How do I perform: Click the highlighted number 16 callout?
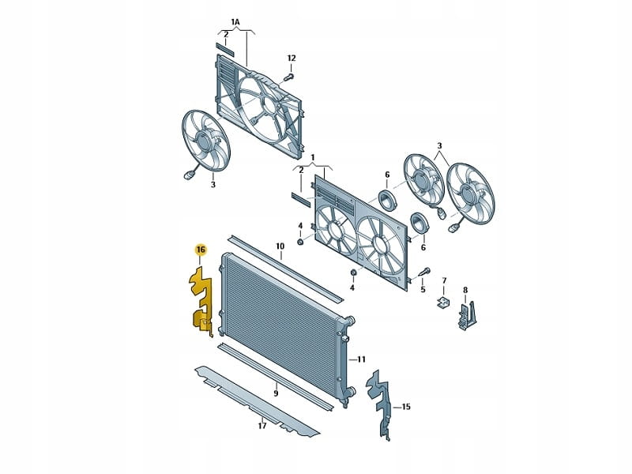click(x=201, y=250)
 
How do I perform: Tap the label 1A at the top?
click(x=235, y=22)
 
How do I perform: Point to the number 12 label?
click(x=292, y=58)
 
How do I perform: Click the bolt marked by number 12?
click(x=289, y=77)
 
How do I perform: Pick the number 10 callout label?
click(x=280, y=246)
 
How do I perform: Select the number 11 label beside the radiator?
click(x=361, y=359)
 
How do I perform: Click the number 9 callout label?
click(x=276, y=393)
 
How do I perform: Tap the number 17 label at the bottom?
click(x=262, y=426)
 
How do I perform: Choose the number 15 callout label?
click(x=406, y=407)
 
